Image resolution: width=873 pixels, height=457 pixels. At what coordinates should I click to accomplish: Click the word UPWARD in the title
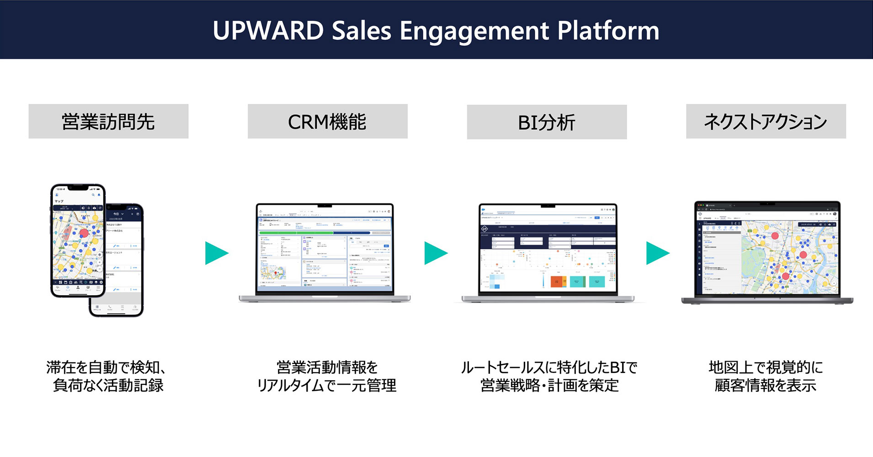[x=268, y=31]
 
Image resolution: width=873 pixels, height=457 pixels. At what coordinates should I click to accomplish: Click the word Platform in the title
[x=608, y=31]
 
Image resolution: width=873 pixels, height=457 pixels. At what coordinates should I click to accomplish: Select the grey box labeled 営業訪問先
[x=108, y=122]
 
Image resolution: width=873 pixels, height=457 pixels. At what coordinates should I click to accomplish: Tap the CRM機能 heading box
[x=327, y=122]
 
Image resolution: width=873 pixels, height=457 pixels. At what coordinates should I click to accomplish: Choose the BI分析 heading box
[x=547, y=122]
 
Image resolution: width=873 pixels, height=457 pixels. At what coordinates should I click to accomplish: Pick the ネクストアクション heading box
[x=766, y=122]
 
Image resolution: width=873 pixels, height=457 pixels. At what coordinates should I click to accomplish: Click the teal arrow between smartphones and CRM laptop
[x=216, y=253]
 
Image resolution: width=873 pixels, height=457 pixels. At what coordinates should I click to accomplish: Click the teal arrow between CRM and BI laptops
[x=435, y=253]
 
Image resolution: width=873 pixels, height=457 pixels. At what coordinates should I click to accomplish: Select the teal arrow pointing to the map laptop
[x=657, y=253]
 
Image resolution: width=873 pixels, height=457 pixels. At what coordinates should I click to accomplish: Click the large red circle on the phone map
[x=84, y=233]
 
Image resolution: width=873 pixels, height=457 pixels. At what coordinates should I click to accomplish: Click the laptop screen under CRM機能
[x=325, y=249]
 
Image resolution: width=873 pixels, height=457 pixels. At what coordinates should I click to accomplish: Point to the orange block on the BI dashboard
[x=558, y=281]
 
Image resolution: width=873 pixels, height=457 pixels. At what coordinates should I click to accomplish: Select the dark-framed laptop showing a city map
[x=767, y=251]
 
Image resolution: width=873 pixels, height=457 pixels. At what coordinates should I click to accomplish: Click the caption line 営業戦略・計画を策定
[x=549, y=386]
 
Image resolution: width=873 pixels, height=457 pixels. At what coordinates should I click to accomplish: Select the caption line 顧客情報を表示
[x=765, y=386]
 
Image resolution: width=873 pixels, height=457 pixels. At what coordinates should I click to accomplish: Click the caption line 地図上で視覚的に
[x=765, y=367]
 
